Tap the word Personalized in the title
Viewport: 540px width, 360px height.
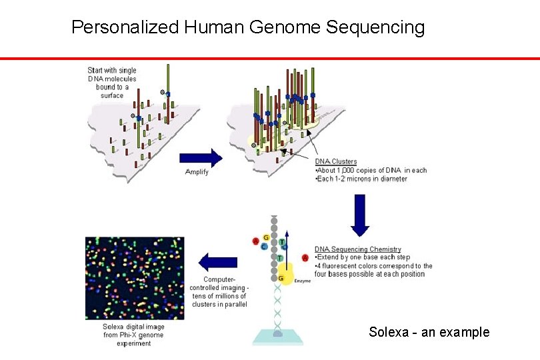click(x=125, y=27)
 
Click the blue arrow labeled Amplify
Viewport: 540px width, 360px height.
click(x=200, y=158)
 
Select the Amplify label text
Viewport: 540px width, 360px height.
click(x=197, y=172)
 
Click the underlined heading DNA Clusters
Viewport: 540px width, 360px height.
click(x=336, y=161)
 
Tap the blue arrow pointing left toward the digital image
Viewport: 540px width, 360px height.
click(x=219, y=262)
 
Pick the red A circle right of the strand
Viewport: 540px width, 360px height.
click(x=305, y=257)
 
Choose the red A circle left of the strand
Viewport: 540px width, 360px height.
click(x=256, y=241)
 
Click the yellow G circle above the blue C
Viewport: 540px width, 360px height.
click(x=267, y=237)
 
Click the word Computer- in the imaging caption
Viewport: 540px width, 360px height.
click(x=219, y=279)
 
